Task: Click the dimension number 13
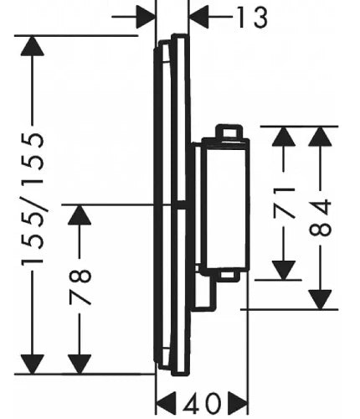click(252, 18)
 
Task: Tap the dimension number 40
click(202, 403)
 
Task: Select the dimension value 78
click(80, 287)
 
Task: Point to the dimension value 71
click(284, 203)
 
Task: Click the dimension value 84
click(321, 217)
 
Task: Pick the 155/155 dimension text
click(33, 199)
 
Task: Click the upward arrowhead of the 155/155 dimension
click(33, 46)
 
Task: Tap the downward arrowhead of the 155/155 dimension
click(33, 364)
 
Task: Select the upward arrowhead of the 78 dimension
click(80, 215)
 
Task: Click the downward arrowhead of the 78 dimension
click(80, 364)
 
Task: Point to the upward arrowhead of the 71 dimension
click(284, 137)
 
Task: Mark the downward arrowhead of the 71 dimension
click(284, 270)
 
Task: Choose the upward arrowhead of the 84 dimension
click(320, 137)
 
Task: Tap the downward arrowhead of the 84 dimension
click(320, 300)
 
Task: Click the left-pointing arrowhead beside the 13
click(198, 17)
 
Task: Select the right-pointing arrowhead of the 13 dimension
click(146, 17)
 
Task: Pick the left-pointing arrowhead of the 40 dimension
click(166, 403)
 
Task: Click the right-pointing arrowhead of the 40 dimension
click(238, 403)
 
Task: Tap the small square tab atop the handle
click(229, 132)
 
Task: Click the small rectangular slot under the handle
click(228, 276)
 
